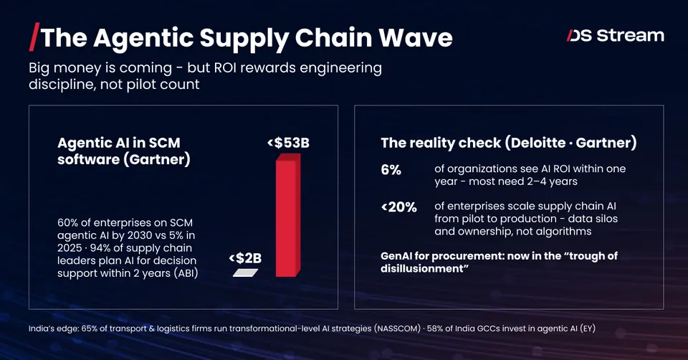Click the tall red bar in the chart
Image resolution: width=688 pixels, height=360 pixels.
tap(288, 215)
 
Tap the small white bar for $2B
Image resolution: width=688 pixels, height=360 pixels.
tap(245, 273)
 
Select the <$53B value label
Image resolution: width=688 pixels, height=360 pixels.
tap(288, 143)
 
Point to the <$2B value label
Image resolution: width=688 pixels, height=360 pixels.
tap(245, 258)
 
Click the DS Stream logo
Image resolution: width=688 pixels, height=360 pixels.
tap(615, 36)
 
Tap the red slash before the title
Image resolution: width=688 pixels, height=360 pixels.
tap(34, 37)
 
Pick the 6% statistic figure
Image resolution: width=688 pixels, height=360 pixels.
tap(391, 170)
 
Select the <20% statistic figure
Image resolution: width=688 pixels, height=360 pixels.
tap(399, 207)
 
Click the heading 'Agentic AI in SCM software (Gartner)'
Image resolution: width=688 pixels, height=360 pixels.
tap(124, 151)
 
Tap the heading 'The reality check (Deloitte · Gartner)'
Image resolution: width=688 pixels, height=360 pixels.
tap(509, 143)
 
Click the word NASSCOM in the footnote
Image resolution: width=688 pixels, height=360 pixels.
tap(398, 328)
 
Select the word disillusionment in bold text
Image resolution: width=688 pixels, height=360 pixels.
tap(421, 268)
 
